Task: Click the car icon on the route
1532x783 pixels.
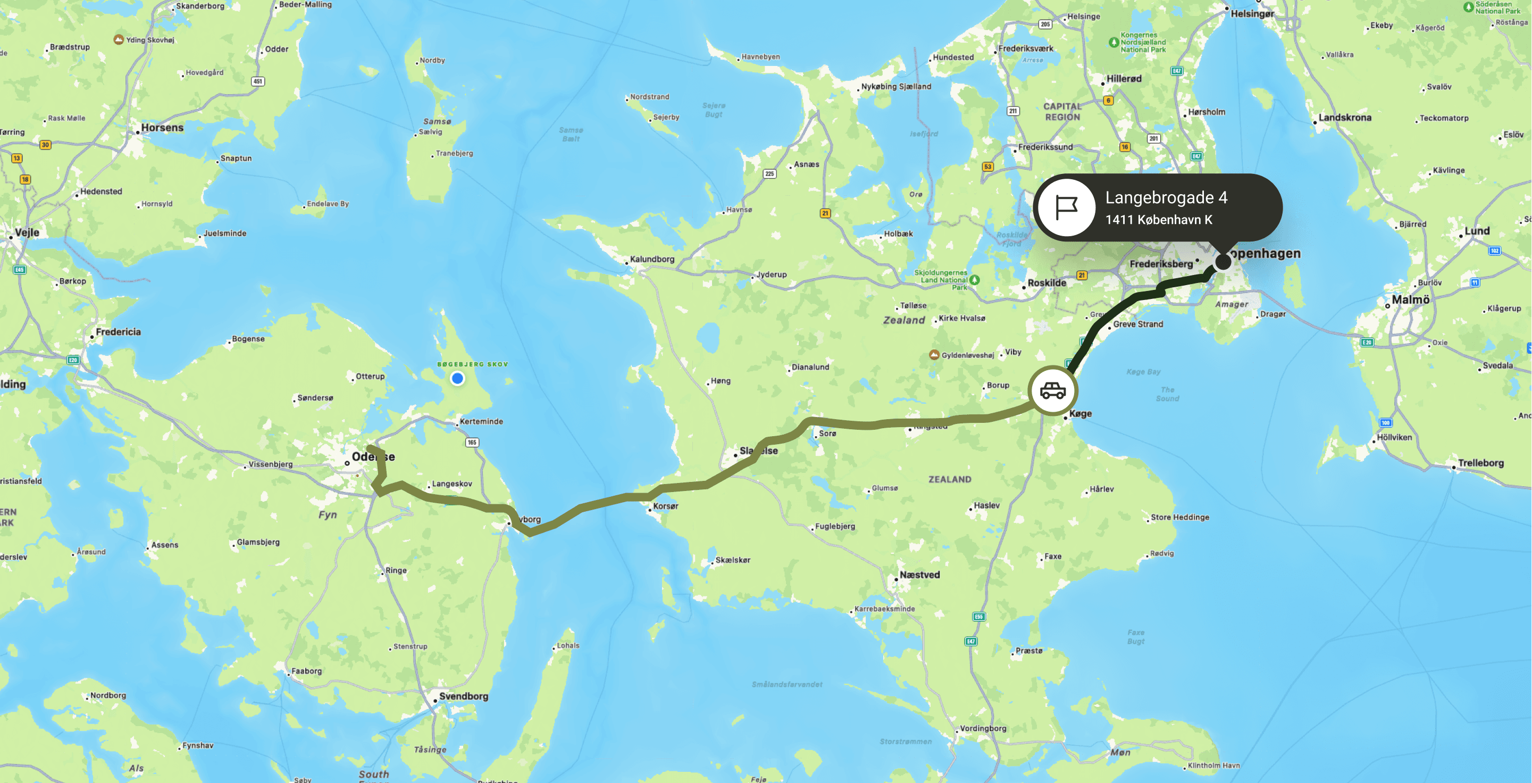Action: [x=1053, y=391]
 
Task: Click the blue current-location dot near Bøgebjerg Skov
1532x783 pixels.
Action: [x=457, y=378]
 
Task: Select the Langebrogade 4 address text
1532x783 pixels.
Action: [x=1166, y=197]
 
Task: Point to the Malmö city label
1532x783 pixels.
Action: [x=1410, y=300]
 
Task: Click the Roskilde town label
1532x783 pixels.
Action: [x=1047, y=283]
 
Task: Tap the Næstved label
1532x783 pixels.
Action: [x=919, y=575]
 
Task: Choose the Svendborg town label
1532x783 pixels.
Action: [x=463, y=696]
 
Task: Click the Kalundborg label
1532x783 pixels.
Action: [x=652, y=260]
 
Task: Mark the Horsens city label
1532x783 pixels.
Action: [x=162, y=128]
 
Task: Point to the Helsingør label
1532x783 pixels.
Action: [x=1252, y=14]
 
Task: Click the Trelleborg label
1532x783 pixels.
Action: [x=1480, y=463]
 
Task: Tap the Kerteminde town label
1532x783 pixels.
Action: [x=481, y=421]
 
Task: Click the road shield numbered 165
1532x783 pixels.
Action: [x=472, y=442]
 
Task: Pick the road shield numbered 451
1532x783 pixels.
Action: [x=257, y=81]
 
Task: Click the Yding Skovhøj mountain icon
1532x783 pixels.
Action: [x=119, y=39]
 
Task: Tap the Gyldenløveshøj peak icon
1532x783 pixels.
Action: [x=934, y=355]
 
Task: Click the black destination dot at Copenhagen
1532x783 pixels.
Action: [x=1223, y=262]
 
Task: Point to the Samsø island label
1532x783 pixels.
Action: [x=437, y=121]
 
